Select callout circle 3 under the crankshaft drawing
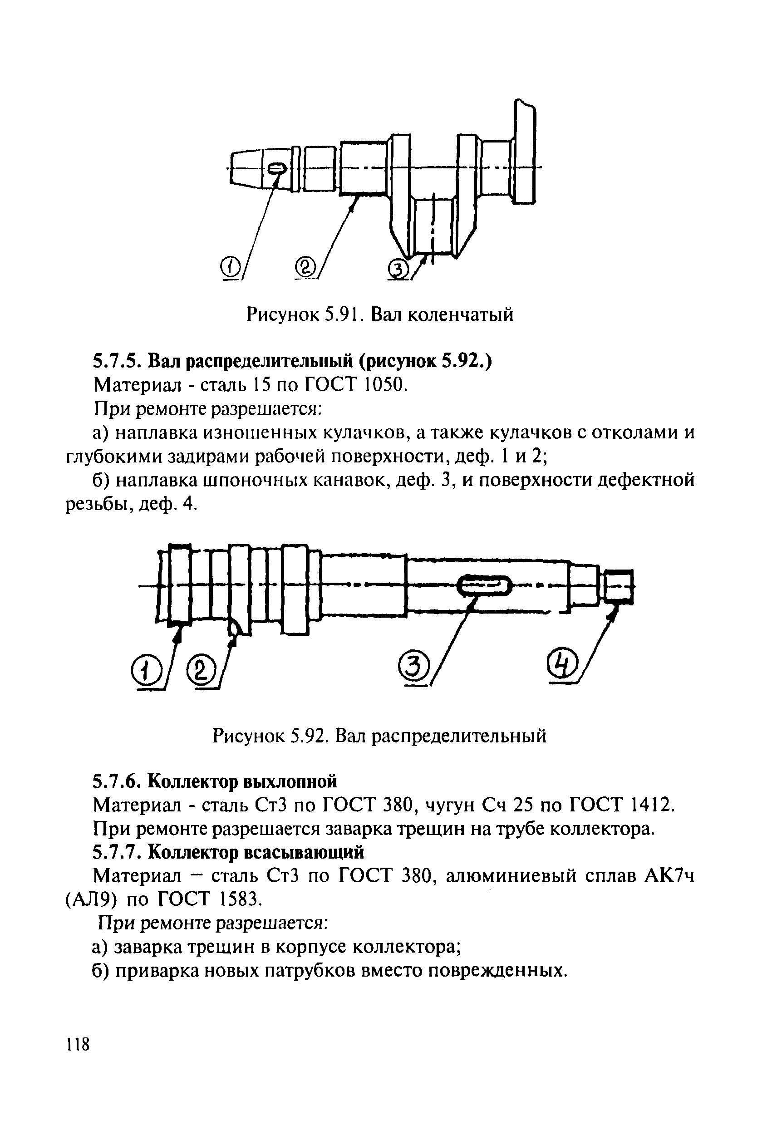[399, 269]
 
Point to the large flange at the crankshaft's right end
[525, 151]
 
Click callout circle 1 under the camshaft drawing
[143, 671]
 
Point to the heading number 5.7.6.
[117, 781]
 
